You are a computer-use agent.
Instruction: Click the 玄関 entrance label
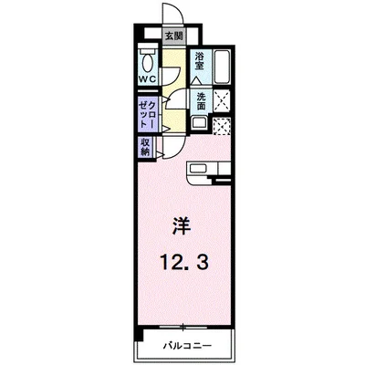[172, 37]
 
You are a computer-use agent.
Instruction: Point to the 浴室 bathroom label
[200, 64]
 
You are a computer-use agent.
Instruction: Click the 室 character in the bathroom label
[200, 69]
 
